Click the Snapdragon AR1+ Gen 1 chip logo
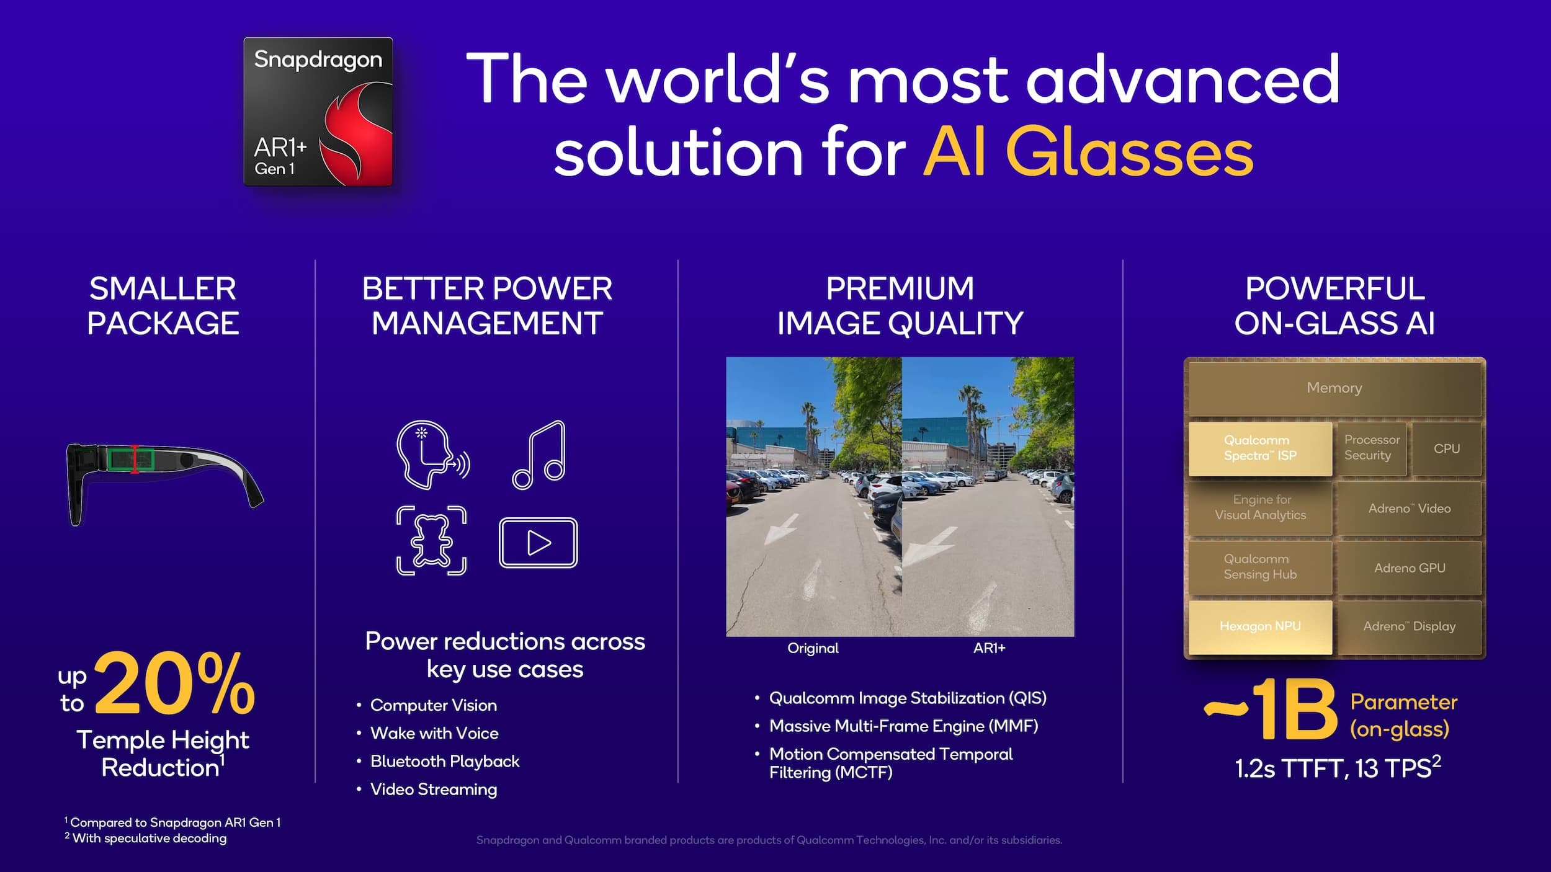(x=318, y=112)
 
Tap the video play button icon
(x=538, y=543)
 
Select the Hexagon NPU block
(x=1260, y=626)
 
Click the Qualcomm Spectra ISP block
(x=1260, y=448)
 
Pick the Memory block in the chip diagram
(x=1334, y=388)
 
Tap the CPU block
(x=1446, y=448)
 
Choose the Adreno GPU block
(x=1409, y=568)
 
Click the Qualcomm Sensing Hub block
(x=1260, y=567)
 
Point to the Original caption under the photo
(x=813, y=648)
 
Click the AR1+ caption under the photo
(x=989, y=648)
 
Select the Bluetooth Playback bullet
(x=444, y=762)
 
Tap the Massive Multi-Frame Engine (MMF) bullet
(x=903, y=726)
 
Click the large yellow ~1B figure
(x=1272, y=710)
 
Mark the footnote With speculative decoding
(x=149, y=839)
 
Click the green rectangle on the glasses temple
(x=131, y=460)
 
